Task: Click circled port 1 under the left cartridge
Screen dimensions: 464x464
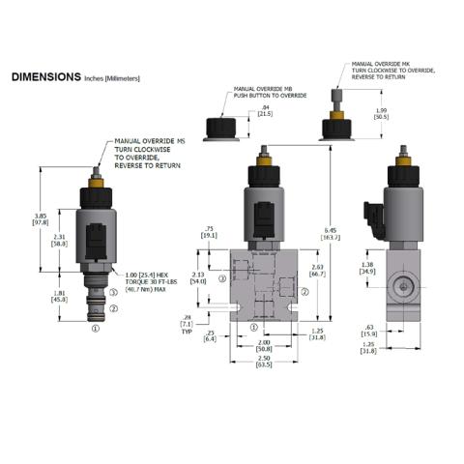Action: pos(95,328)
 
